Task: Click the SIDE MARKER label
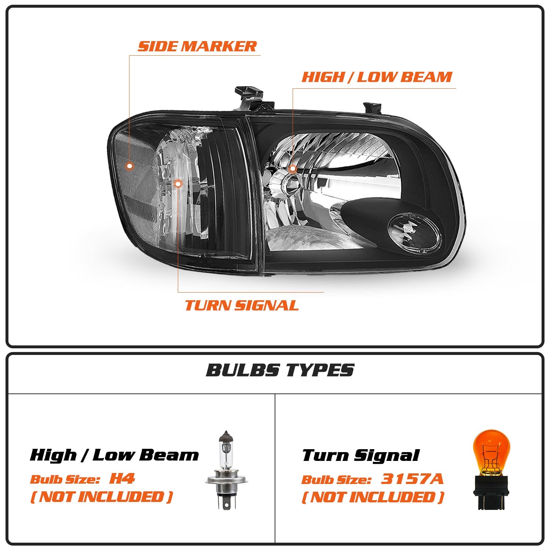click(197, 47)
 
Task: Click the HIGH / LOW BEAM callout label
click(377, 77)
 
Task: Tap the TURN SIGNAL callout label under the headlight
click(242, 305)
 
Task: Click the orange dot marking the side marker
click(129, 166)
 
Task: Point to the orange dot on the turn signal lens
click(178, 183)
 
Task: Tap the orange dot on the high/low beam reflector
click(293, 169)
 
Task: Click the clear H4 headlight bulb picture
click(227, 469)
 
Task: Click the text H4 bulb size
click(122, 478)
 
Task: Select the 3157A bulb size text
click(412, 479)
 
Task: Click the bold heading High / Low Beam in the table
click(114, 455)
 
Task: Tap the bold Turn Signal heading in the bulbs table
click(360, 456)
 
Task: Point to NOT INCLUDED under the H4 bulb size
click(101, 497)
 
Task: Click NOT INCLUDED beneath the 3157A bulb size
click(373, 498)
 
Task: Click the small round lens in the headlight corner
click(415, 233)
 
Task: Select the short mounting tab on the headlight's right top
click(371, 107)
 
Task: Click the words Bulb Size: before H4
click(65, 479)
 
